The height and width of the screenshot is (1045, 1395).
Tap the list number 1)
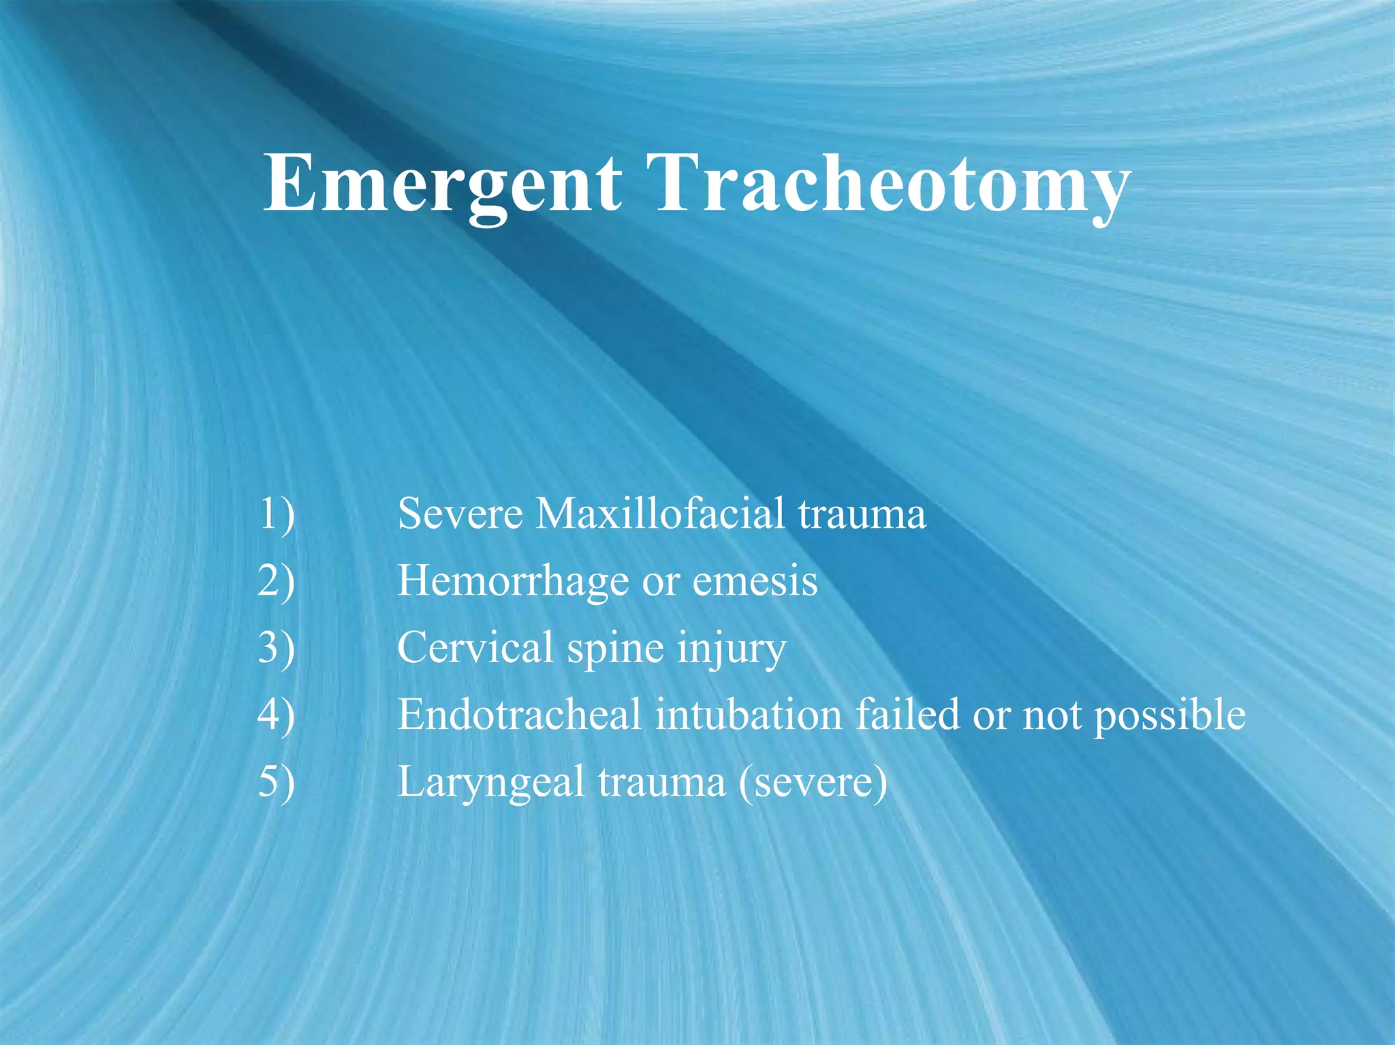[x=277, y=514]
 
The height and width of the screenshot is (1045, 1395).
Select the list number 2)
[x=277, y=581]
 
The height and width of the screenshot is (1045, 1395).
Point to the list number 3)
[x=277, y=648]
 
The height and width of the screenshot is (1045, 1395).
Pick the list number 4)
[x=277, y=715]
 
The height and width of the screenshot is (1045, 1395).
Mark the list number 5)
[x=277, y=781]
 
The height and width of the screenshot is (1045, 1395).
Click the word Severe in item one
[x=460, y=514]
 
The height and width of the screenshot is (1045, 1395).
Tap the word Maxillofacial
[x=659, y=514]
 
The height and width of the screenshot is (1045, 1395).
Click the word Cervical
[x=475, y=648]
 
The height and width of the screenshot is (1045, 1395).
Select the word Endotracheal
[x=519, y=715]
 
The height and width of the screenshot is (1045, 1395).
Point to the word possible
[x=1170, y=716]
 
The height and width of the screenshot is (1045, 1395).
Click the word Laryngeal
[x=491, y=783]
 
